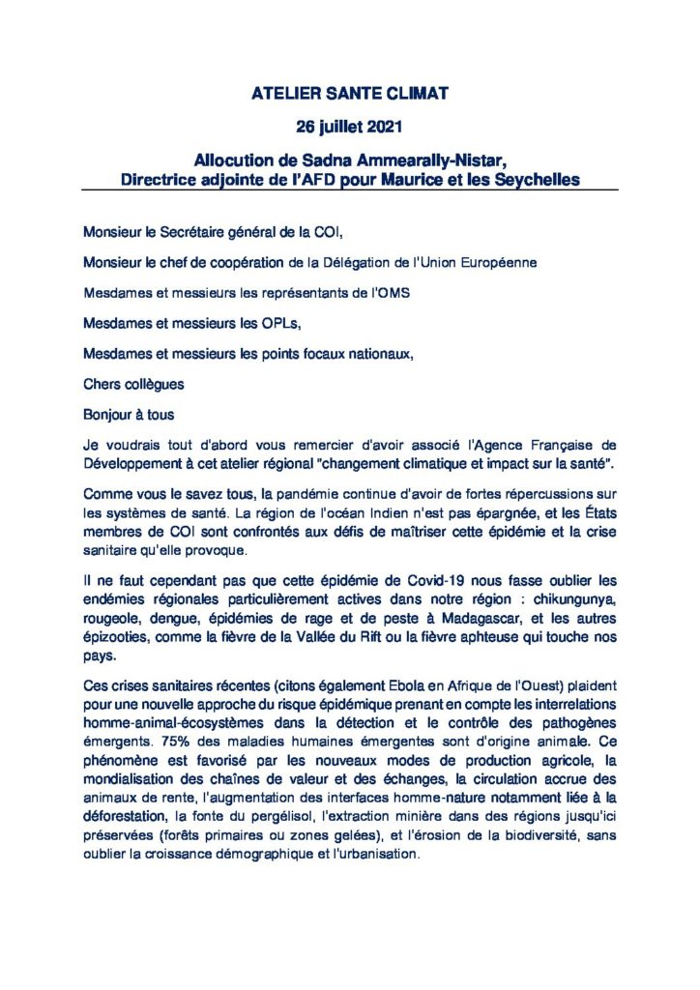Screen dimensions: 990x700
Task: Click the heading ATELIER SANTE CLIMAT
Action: (x=349, y=95)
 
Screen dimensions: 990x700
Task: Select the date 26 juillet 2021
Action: (x=349, y=127)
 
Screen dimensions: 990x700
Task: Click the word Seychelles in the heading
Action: (x=536, y=179)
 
